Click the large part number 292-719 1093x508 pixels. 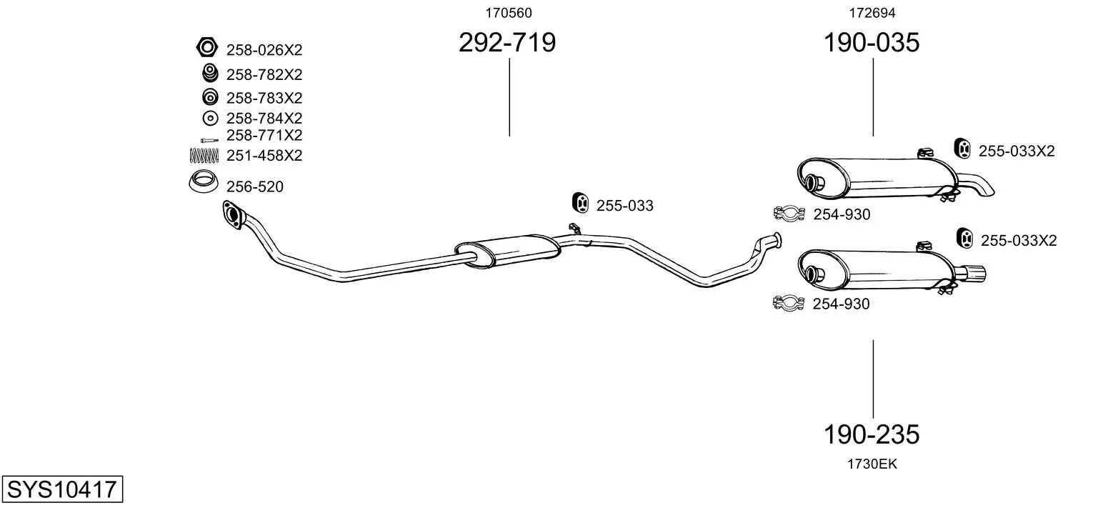[507, 42]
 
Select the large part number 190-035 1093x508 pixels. [872, 42]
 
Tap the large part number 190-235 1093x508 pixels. [872, 434]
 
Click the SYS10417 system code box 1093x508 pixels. [62, 489]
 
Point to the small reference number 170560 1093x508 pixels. [509, 13]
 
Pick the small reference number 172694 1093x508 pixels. [872, 13]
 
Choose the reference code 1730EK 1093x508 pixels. [872, 464]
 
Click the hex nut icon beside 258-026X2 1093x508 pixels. [207, 47]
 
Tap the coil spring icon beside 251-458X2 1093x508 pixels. [204, 155]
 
